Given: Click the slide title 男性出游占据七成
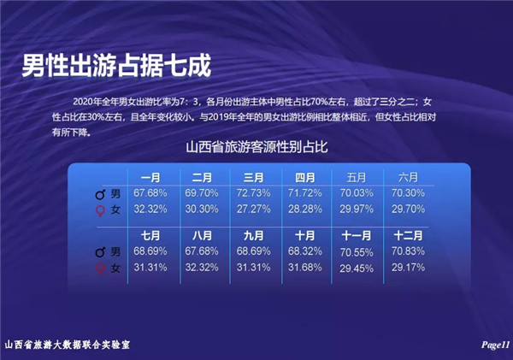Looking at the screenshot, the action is click(x=116, y=66).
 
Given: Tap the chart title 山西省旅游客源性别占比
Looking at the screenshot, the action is click(x=256, y=147).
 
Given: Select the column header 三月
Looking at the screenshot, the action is click(x=253, y=178).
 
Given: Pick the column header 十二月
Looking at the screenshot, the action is click(x=408, y=236).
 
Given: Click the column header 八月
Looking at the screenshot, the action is click(x=202, y=236).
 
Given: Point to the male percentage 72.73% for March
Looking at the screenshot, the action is click(x=254, y=193).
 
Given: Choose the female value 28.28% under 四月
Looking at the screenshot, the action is click(x=305, y=209).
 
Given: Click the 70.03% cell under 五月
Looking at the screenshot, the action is click(x=357, y=193).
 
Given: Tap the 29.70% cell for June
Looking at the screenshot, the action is click(x=408, y=209).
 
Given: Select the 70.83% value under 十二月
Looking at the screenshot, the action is click(x=408, y=251).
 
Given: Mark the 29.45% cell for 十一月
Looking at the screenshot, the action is click(x=357, y=269).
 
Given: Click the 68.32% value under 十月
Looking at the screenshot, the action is click(x=305, y=251).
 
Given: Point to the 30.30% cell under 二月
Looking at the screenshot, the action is click(x=202, y=209).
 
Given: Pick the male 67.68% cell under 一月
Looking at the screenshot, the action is click(x=150, y=193).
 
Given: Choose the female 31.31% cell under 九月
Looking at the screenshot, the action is click(x=254, y=268).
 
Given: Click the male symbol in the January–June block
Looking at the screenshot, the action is click(x=100, y=194).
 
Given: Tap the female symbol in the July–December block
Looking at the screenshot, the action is click(x=100, y=269).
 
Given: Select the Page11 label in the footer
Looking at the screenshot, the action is click(x=495, y=345).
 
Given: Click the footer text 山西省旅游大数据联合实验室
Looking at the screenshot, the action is click(x=68, y=345).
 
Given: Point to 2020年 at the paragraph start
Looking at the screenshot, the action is click(x=83, y=102).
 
